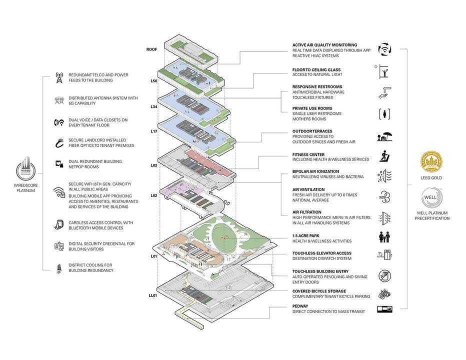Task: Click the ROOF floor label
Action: (151, 49)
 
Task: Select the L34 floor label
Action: (154, 106)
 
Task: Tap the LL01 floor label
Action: (153, 295)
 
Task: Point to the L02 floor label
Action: (153, 195)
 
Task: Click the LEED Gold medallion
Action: (431, 161)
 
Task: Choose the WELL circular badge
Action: (430, 197)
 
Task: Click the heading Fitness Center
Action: (308, 154)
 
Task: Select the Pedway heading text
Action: (300, 306)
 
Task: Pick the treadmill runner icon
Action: (385, 156)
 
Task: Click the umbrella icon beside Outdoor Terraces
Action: (384, 136)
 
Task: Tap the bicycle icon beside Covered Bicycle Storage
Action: (384, 294)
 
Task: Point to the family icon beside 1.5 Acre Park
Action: (384, 237)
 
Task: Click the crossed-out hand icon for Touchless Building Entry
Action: (385, 276)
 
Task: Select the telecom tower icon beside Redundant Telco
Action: (59, 78)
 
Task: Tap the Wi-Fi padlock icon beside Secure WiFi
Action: (59, 192)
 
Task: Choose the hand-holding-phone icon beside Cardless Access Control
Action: (59, 224)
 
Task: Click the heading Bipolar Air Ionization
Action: (315, 171)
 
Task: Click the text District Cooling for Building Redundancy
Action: (91, 268)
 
